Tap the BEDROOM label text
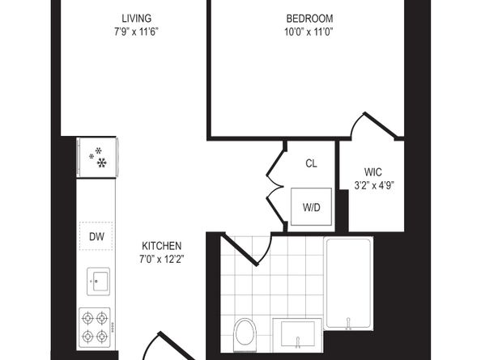(x=309, y=18)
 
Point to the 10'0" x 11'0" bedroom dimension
(x=309, y=32)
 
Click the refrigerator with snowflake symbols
(x=98, y=157)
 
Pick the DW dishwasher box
(x=97, y=236)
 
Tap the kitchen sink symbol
(x=97, y=283)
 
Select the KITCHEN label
(x=162, y=246)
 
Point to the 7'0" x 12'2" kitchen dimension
(x=162, y=260)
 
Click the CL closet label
(x=311, y=163)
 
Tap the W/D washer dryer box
(x=312, y=208)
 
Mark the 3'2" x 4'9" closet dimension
(x=373, y=184)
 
